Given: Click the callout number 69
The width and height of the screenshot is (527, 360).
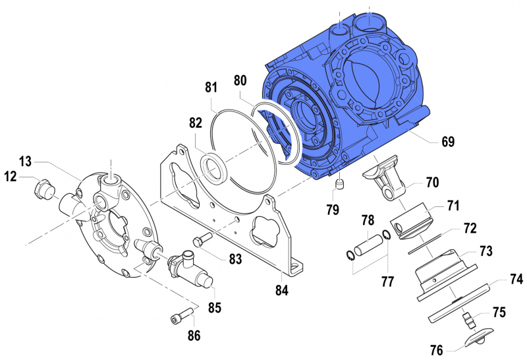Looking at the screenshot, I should point(447,141).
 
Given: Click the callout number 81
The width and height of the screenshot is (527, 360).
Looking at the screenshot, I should point(211,87).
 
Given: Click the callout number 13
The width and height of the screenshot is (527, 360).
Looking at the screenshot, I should point(25,162).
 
